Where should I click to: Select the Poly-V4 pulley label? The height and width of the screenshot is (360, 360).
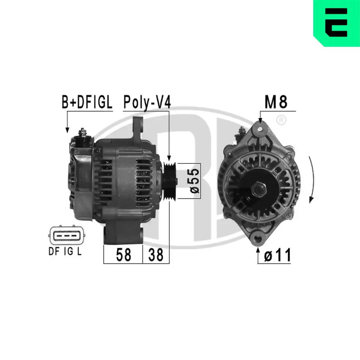(x=147, y=102)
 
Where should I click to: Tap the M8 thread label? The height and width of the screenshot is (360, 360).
(x=276, y=102)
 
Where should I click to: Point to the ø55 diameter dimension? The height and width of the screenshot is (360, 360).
(x=194, y=181)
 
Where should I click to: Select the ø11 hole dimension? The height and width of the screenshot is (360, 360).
(x=277, y=255)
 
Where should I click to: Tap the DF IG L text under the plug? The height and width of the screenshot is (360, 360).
(x=65, y=252)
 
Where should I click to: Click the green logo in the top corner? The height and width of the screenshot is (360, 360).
(x=337, y=23)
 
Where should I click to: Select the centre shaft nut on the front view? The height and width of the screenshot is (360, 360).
(x=259, y=188)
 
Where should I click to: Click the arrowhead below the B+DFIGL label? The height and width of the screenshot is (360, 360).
(x=67, y=130)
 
